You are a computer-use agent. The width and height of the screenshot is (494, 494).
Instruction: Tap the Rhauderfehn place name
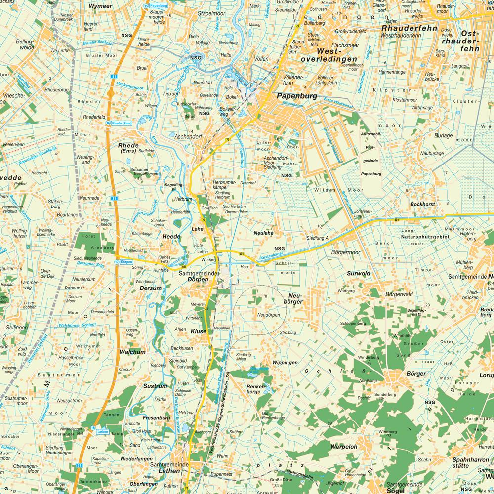(409, 28)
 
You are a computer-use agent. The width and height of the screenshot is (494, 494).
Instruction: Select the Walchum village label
(132, 352)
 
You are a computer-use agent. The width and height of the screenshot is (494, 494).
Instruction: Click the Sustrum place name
(156, 386)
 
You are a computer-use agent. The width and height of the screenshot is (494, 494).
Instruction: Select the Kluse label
(198, 332)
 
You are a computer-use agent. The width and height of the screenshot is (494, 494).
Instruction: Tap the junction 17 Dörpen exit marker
(123, 261)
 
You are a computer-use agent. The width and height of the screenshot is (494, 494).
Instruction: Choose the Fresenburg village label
(156, 418)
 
